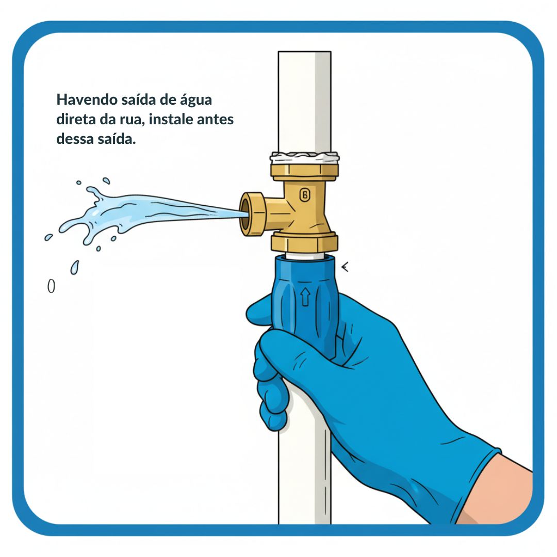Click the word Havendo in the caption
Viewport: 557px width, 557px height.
coord(87,100)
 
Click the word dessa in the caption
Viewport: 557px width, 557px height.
coord(75,139)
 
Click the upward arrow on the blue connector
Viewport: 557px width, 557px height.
coord(305,297)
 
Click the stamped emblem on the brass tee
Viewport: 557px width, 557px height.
coord(304,195)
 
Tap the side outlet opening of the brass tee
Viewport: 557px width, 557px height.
coord(245,214)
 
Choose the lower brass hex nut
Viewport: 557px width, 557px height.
coord(304,242)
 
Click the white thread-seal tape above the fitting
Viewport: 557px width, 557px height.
coord(304,157)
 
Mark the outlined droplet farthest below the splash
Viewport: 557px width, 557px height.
coord(51,286)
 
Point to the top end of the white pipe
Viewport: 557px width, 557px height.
coord(304,52)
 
